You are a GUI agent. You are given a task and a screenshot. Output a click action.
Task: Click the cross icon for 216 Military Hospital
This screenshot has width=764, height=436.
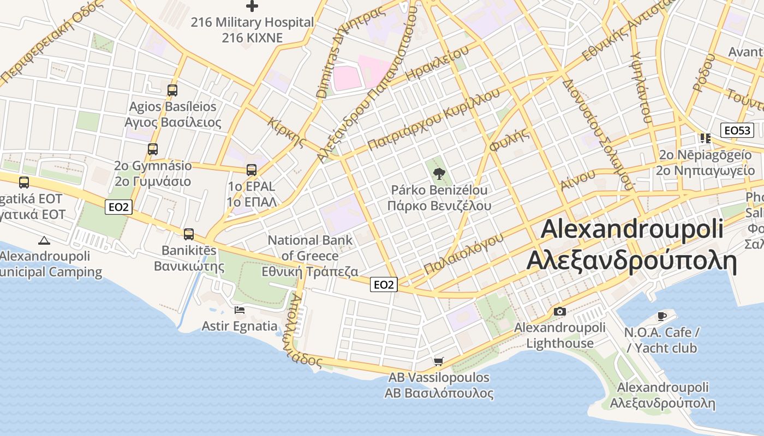(x=252, y=6)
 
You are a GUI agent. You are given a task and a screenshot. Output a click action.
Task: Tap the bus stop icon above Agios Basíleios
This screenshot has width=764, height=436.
(x=172, y=90)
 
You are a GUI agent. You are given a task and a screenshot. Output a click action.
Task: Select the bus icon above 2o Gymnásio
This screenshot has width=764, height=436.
(x=153, y=149)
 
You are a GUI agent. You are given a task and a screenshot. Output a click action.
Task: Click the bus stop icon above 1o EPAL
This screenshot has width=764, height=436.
(x=251, y=169)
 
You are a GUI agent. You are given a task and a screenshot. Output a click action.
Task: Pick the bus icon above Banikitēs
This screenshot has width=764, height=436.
(x=189, y=234)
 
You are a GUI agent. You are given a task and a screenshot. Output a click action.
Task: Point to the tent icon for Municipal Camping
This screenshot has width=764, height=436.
(x=44, y=240)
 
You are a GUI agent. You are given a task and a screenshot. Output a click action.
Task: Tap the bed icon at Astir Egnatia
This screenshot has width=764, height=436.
(x=239, y=310)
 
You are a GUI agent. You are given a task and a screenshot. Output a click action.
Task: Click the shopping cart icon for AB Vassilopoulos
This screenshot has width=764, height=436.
(x=438, y=361)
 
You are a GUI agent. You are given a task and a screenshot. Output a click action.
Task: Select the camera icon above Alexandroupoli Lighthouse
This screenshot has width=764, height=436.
(x=559, y=311)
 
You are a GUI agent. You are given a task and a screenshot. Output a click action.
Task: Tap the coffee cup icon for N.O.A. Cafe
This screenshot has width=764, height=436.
(x=662, y=316)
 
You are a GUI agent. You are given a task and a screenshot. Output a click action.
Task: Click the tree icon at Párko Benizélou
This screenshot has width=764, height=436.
(x=439, y=174)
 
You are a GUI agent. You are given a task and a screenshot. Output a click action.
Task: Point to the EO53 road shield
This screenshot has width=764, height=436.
(x=737, y=130)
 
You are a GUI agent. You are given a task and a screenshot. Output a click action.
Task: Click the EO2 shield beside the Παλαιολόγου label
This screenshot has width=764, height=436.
(x=384, y=284)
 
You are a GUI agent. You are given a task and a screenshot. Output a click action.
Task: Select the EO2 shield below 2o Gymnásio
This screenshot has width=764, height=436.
(x=118, y=207)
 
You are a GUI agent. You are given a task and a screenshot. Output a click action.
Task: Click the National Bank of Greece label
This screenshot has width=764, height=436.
(x=310, y=256)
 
